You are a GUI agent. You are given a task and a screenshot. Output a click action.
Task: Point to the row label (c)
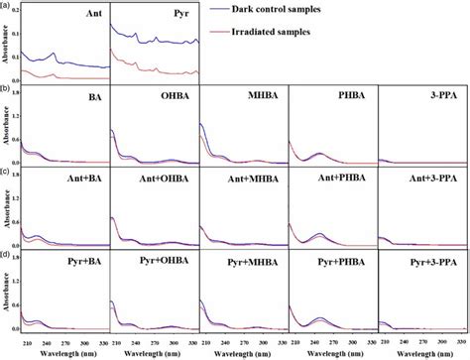(7, 173)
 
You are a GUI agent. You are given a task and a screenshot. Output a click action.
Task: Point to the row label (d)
(7, 256)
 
